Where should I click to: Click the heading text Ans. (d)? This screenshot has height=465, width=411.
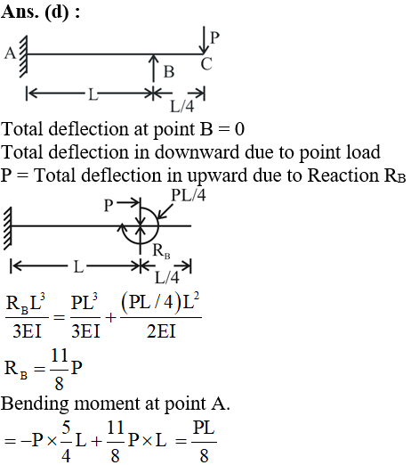[x=36, y=12]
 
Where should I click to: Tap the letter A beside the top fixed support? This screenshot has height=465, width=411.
[x=10, y=53]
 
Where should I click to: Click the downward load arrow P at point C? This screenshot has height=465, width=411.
[x=204, y=40]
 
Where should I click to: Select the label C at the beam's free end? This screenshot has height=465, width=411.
[x=206, y=64]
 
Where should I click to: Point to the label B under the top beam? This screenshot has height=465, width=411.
[x=169, y=72]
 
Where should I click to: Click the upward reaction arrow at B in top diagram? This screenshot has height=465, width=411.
[x=153, y=68]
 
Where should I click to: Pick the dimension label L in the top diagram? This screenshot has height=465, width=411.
[x=93, y=95]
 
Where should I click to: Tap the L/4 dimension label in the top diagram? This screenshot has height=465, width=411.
[x=182, y=106]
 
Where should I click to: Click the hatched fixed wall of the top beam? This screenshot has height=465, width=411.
[x=23, y=56]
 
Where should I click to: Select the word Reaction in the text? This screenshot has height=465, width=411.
[x=343, y=175]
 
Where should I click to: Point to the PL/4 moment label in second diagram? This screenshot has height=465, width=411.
[x=189, y=195]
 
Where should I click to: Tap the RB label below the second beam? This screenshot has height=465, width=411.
[x=161, y=251]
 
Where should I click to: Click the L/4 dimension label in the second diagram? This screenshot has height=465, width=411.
[x=167, y=278]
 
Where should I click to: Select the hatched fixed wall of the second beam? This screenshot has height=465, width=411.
[x=7, y=228]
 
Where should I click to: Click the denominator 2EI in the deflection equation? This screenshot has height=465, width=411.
[x=161, y=331]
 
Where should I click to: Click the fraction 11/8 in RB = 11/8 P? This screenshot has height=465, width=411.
[x=60, y=370]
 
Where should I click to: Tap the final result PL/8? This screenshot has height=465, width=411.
[x=204, y=442]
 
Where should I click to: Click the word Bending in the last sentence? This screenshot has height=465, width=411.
[x=35, y=404]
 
